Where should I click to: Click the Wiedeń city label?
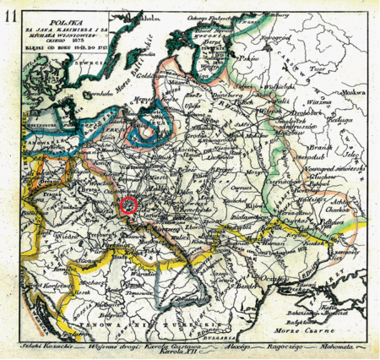[x=62, y=226]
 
